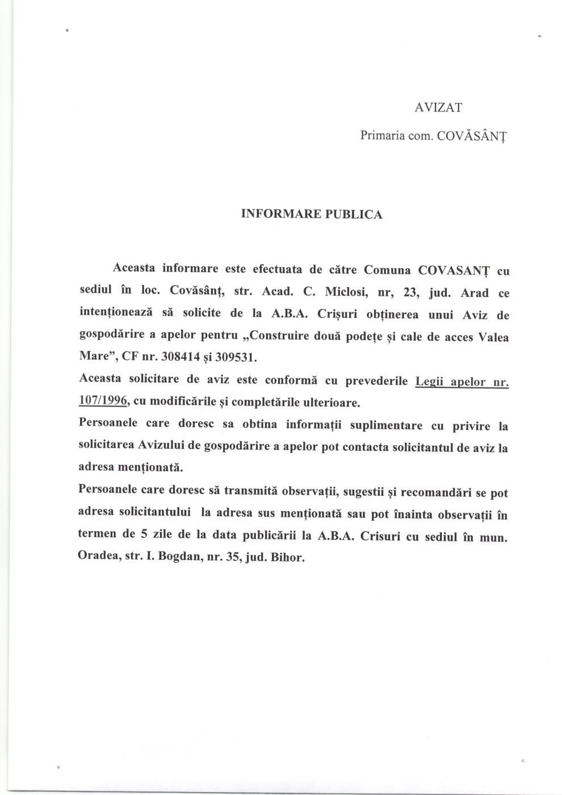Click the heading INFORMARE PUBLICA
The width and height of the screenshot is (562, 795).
click(x=312, y=214)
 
